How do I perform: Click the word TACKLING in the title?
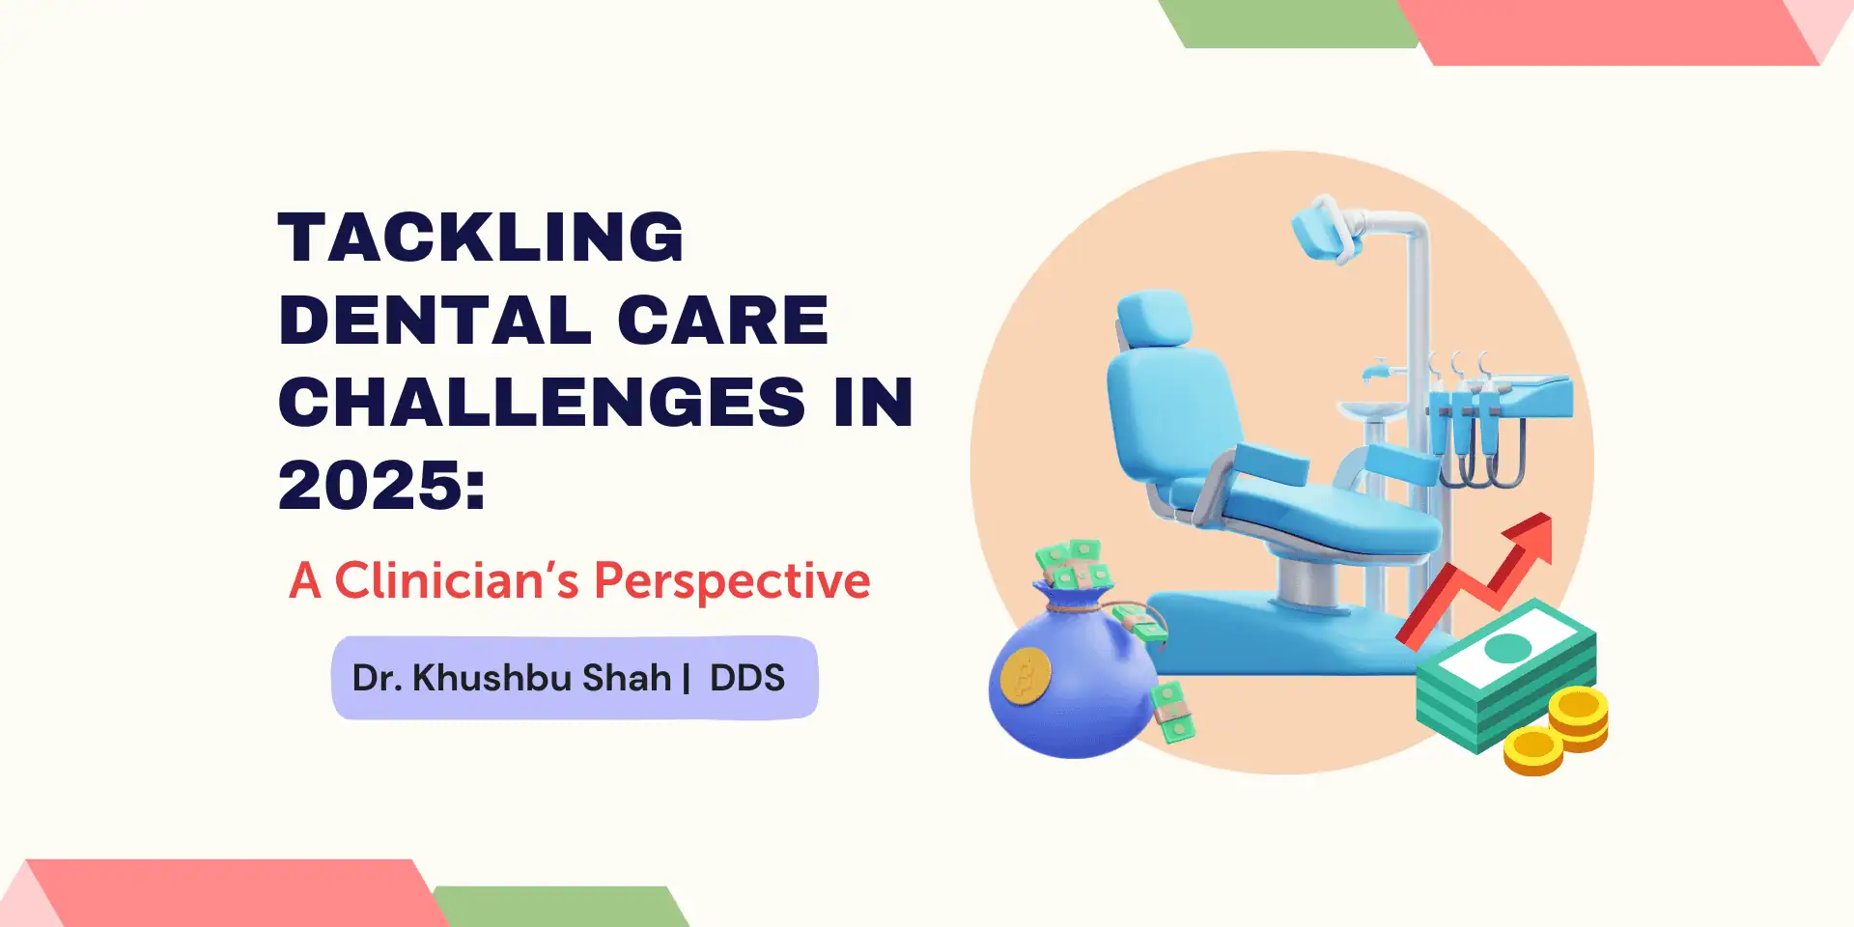click(x=481, y=238)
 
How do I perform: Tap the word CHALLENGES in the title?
click(x=542, y=402)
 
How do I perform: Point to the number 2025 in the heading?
click(x=371, y=485)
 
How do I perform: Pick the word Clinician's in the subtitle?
click(x=457, y=580)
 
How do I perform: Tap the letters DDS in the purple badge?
click(x=747, y=678)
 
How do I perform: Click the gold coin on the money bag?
click(x=1025, y=675)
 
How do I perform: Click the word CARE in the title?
click(x=722, y=321)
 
